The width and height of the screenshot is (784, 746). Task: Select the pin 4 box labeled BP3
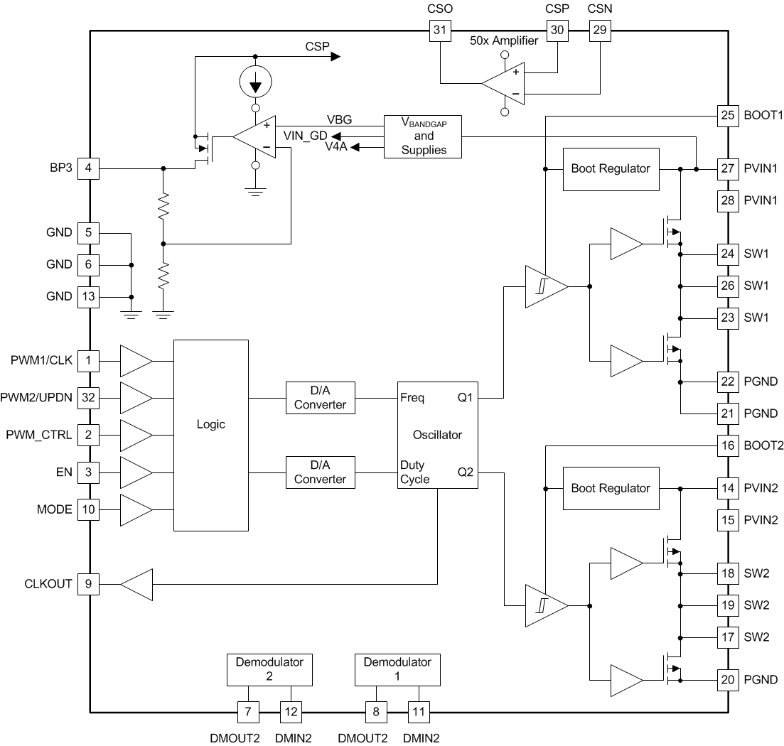point(88,168)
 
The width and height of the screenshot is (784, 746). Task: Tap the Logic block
point(210,435)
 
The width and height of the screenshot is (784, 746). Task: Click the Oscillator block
point(437,435)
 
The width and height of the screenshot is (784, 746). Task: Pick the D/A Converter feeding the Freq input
point(320,398)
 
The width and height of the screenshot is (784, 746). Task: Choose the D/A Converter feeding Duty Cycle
point(320,472)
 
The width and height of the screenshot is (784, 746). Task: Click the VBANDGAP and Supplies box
point(424,136)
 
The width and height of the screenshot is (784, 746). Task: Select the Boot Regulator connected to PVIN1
point(611,169)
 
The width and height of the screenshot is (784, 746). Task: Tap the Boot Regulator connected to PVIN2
point(611,489)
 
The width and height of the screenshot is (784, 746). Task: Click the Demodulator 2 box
point(269,670)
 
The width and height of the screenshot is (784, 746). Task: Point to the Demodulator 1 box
point(397,670)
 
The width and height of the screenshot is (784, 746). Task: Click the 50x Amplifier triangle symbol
point(503,83)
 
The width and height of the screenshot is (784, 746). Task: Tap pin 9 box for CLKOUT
point(88,585)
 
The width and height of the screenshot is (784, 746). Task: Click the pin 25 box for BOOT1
point(727,115)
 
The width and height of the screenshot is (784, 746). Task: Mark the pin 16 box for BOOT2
point(727,446)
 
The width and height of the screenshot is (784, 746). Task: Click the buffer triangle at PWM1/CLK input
point(136,361)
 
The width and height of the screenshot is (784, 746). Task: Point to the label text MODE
point(54,510)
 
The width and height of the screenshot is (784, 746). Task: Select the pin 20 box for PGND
point(727,680)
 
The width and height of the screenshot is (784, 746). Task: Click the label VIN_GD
point(306,136)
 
